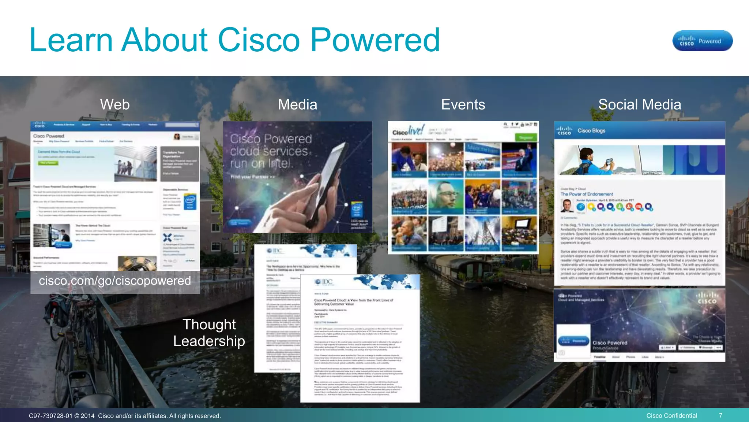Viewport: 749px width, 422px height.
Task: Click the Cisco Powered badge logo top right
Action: point(702,41)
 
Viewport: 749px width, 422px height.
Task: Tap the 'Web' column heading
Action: point(115,104)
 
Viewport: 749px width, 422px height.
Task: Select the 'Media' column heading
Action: point(297,104)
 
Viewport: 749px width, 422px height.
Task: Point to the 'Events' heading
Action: point(463,104)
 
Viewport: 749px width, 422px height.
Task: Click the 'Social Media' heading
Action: point(640,104)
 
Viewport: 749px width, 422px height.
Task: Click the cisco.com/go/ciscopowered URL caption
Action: point(115,281)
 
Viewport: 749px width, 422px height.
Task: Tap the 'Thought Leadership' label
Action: point(209,333)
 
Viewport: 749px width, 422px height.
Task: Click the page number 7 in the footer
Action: point(720,415)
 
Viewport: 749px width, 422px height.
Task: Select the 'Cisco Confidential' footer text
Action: point(671,415)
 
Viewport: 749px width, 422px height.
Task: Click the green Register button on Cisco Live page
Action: point(526,138)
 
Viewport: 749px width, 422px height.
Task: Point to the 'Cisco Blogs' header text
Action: point(591,130)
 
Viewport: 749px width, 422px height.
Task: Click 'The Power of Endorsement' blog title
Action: point(587,194)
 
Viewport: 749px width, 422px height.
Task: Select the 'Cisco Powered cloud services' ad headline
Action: point(271,145)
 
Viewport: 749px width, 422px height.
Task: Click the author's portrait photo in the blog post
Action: point(567,206)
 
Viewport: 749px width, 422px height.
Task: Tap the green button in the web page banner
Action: point(48,163)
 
